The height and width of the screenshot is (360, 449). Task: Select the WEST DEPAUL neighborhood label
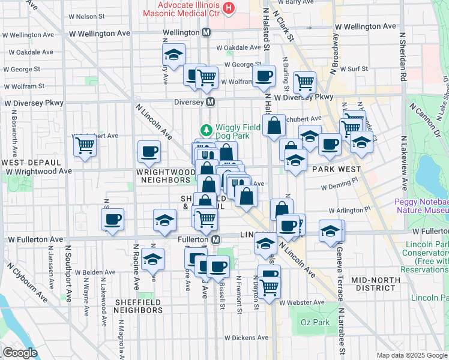(x=31, y=163)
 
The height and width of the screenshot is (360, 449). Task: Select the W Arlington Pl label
(x=351, y=211)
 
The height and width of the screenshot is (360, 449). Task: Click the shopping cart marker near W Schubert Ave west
(x=85, y=145)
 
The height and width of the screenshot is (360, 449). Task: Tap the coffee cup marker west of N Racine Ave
(x=112, y=220)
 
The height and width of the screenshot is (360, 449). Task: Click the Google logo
(x=20, y=353)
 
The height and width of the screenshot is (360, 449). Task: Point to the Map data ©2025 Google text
(x=411, y=355)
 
